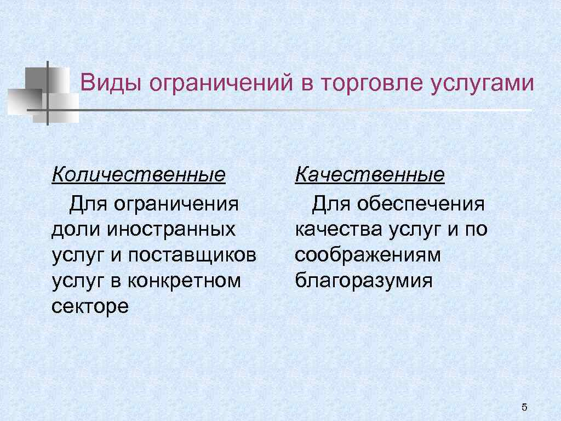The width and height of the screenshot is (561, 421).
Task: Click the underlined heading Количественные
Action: click(x=139, y=175)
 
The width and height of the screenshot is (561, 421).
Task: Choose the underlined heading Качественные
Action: click(x=370, y=175)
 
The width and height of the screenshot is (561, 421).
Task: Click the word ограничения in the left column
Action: click(x=176, y=204)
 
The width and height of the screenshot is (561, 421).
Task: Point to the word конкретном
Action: click(x=184, y=281)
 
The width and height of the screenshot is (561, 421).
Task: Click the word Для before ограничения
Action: click(x=88, y=204)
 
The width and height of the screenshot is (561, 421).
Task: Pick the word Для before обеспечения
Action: click(x=331, y=204)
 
